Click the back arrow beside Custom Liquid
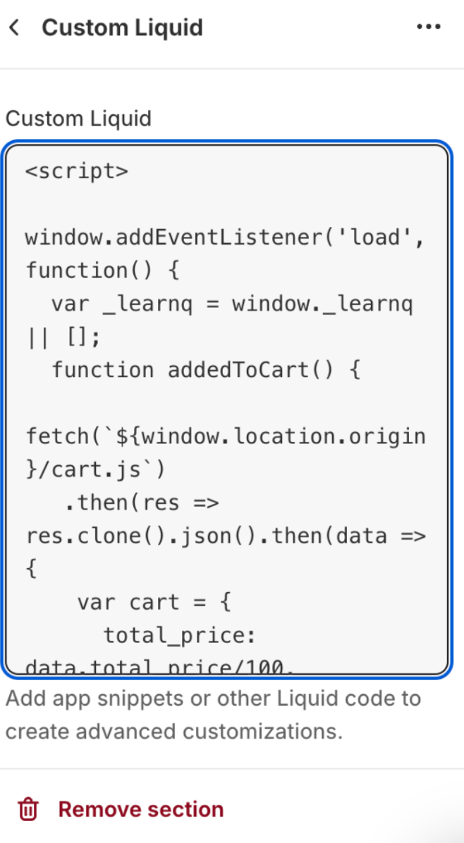[x=14, y=28]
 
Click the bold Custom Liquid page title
[x=122, y=28]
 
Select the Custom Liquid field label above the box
[x=78, y=118]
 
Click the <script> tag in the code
[x=77, y=171]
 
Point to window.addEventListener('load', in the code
[x=225, y=238]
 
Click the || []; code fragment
[x=63, y=337]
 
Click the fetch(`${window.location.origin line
[x=226, y=436]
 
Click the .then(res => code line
[x=142, y=503]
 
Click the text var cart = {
[x=154, y=603]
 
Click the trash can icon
[x=28, y=809]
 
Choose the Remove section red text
[x=140, y=809]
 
